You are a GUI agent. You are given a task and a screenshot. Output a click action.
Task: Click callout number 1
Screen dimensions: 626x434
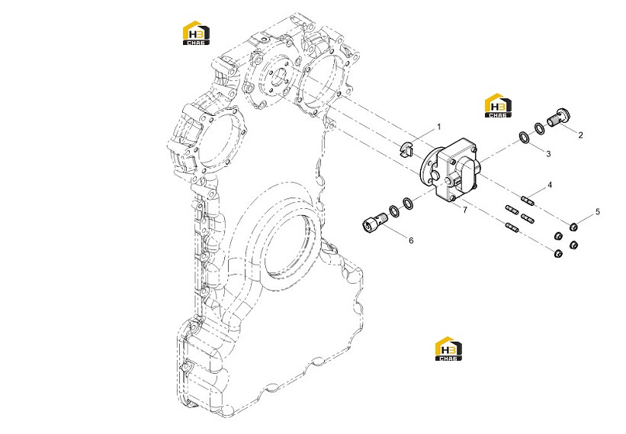click(x=439, y=127)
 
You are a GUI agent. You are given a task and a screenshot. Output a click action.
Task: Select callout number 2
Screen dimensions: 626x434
click(x=580, y=135)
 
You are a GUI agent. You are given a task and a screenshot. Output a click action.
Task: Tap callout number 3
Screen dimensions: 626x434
click(x=548, y=154)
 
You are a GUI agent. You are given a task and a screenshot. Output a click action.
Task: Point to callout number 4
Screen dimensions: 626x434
click(x=550, y=185)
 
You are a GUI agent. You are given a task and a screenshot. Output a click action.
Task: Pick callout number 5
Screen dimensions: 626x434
click(x=598, y=211)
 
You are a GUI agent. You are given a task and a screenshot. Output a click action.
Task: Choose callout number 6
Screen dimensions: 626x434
click(x=411, y=240)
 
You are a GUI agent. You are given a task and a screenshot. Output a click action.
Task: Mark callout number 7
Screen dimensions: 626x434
click(x=464, y=210)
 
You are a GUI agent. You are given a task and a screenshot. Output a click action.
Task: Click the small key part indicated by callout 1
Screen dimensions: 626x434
click(x=406, y=149)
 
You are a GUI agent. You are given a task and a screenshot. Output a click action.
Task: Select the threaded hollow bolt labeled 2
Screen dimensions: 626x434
click(x=558, y=117)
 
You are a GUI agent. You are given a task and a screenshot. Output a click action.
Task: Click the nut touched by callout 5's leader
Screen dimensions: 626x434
click(x=573, y=227)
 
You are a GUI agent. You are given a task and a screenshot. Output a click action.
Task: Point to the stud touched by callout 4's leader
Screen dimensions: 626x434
click(x=528, y=200)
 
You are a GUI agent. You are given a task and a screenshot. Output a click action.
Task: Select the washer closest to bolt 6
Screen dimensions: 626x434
click(x=393, y=211)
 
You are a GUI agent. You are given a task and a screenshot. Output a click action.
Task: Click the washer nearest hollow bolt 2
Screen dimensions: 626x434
click(x=539, y=129)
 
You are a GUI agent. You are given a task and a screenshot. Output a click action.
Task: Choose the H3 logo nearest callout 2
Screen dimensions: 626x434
click(x=498, y=105)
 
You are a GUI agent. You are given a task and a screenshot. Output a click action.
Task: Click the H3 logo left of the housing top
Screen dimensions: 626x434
click(x=197, y=33)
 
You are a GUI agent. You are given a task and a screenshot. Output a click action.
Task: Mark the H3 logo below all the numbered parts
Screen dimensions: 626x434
click(x=449, y=349)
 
